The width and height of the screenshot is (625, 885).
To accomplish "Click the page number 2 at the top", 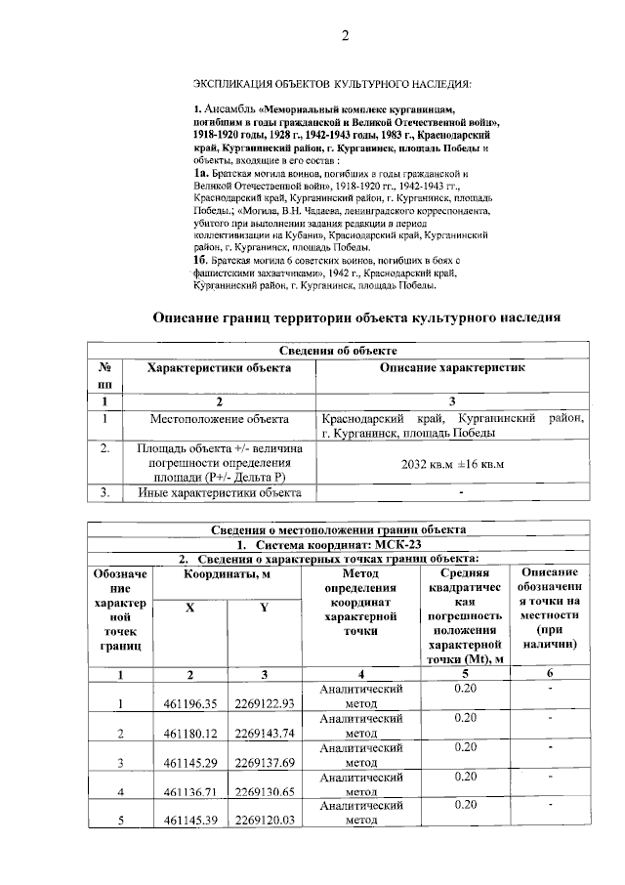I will point(344,37).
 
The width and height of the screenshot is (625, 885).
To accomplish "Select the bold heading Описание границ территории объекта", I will point(358,317).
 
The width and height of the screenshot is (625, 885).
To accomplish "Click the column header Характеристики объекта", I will point(219,368).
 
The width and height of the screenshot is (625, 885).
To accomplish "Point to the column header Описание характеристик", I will point(452,368).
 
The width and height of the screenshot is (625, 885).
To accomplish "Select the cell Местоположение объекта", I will point(219,419).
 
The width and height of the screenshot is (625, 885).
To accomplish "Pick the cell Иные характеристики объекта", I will point(219,493).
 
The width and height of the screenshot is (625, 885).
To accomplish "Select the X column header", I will point(191,609).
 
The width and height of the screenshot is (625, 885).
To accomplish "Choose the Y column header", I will point(263,609).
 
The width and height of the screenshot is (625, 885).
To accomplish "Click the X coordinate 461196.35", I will point(191,704).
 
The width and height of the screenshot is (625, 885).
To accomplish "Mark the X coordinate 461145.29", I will point(191,763).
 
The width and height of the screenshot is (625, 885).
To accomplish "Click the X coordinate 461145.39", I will point(191,821).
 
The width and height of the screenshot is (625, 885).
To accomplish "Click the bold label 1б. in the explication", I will point(203,260).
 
